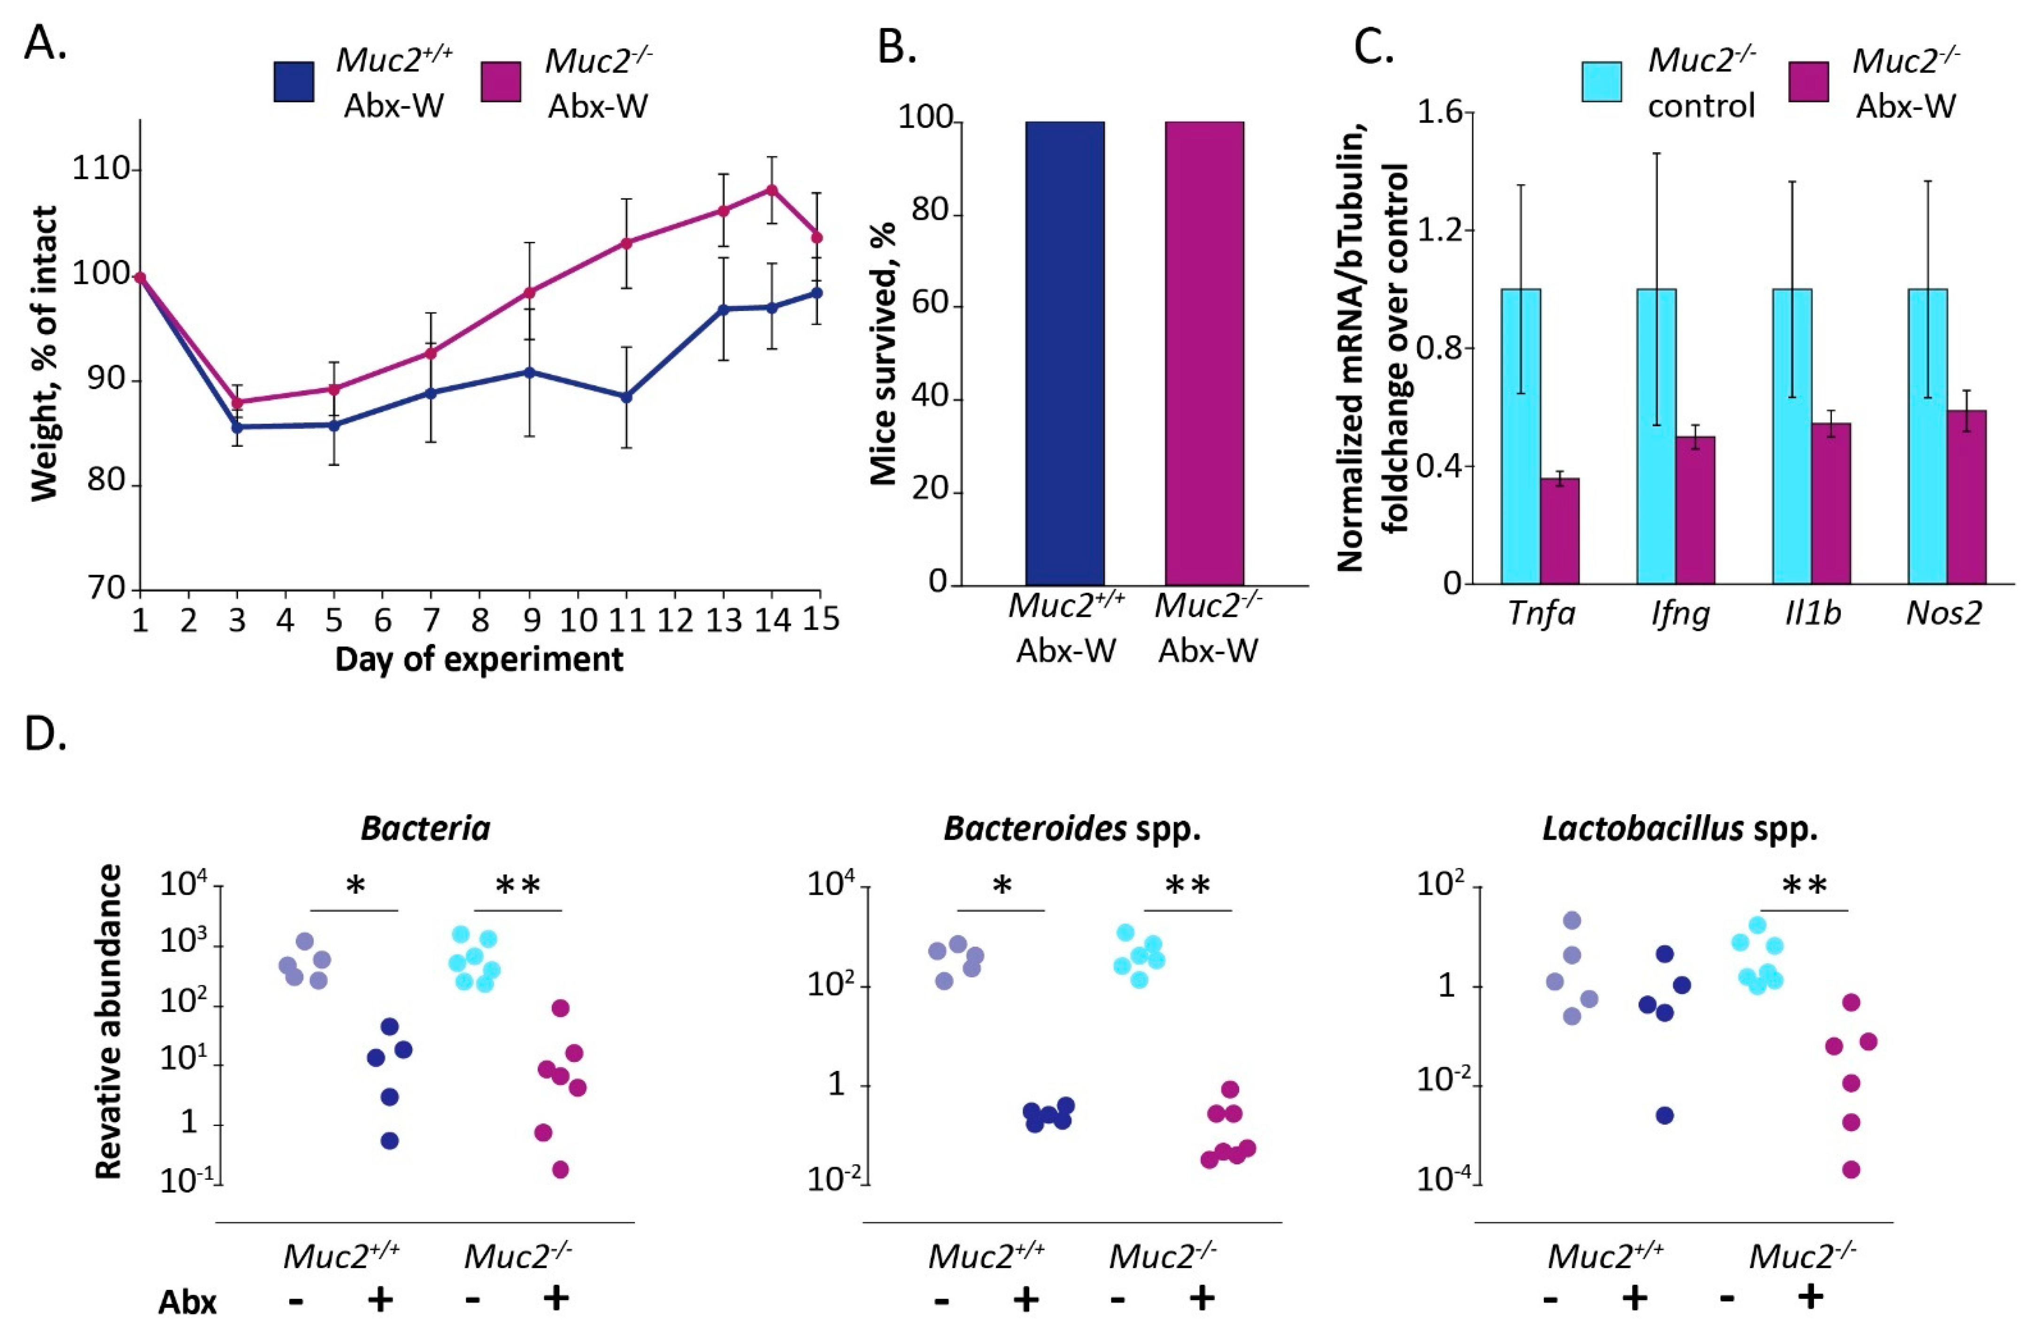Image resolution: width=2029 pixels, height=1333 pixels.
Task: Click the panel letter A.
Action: pyautogui.click(x=44, y=43)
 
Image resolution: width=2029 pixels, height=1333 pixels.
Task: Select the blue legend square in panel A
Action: pyautogui.click(x=293, y=82)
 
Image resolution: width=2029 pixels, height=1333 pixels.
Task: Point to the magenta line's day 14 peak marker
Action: pyautogui.click(x=771, y=189)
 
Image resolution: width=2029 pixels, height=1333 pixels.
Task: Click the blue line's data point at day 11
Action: pyautogui.click(x=626, y=397)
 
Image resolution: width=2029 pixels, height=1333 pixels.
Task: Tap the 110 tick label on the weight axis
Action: pyautogui.click(x=100, y=169)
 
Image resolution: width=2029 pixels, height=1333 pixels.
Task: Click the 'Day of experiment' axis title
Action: pyautogui.click(x=478, y=659)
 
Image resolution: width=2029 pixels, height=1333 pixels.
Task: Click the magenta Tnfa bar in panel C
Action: pyautogui.click(x=1559, y=530)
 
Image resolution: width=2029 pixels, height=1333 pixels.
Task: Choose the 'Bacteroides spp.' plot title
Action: pyautogui.click(x=1072, y=828)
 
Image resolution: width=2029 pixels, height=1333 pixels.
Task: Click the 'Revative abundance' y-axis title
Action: pyautogui.click(x=108, y=1021)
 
